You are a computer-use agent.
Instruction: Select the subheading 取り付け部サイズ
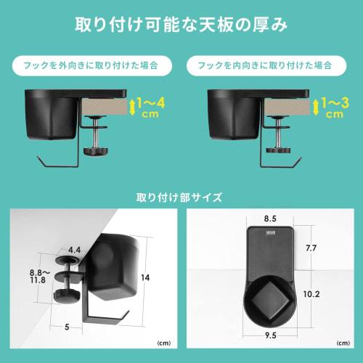(x=181, y=197)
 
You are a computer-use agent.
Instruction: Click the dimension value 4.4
(x=73, y=249)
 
